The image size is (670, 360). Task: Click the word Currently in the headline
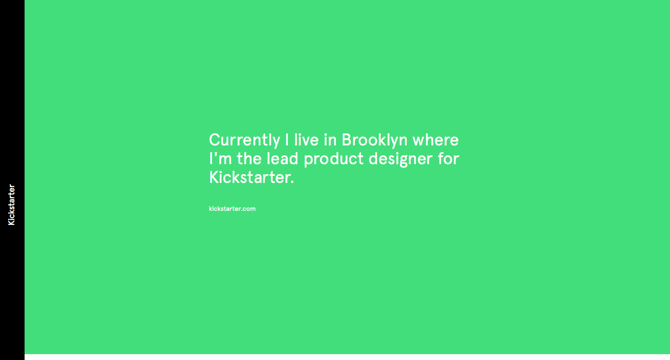coord(244,140)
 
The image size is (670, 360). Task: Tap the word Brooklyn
coord(375,140)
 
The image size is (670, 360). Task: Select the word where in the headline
coord(435,140)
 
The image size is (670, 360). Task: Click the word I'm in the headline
coord(220,158)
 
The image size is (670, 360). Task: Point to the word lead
coord(282,158)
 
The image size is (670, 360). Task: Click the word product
coord(333,159)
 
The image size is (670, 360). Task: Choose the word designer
coord(400,159)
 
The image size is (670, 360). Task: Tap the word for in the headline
coord(448,158)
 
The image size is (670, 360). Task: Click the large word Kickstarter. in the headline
coord(252,177)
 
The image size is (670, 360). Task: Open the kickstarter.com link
coord(232,209)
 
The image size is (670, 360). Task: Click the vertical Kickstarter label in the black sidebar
coord(11,205)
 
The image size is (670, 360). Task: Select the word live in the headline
coord(306,140)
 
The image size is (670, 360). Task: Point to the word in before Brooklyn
coord(330,140)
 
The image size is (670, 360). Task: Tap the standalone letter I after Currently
coord(287,140)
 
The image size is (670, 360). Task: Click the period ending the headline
coord(292,182)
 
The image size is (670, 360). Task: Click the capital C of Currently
coord(215,140)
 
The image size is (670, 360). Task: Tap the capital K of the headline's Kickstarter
coord(214,177)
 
